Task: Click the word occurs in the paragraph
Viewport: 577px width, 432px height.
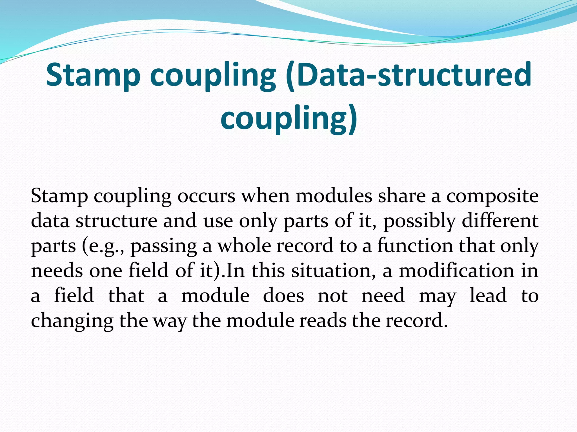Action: click(206, 196)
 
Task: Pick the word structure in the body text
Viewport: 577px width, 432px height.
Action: click(116, 221)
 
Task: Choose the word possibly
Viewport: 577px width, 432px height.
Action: click(420, 221)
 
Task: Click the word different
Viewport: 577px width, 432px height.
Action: click(500, 221)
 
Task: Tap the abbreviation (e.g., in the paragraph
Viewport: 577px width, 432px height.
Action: click(103, 246)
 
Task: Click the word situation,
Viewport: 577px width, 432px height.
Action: click(333, 271)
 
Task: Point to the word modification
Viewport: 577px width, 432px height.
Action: click(456, 271)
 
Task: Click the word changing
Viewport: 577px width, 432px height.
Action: click(72, 321)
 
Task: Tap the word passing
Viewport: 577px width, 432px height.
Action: click(164, 246)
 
